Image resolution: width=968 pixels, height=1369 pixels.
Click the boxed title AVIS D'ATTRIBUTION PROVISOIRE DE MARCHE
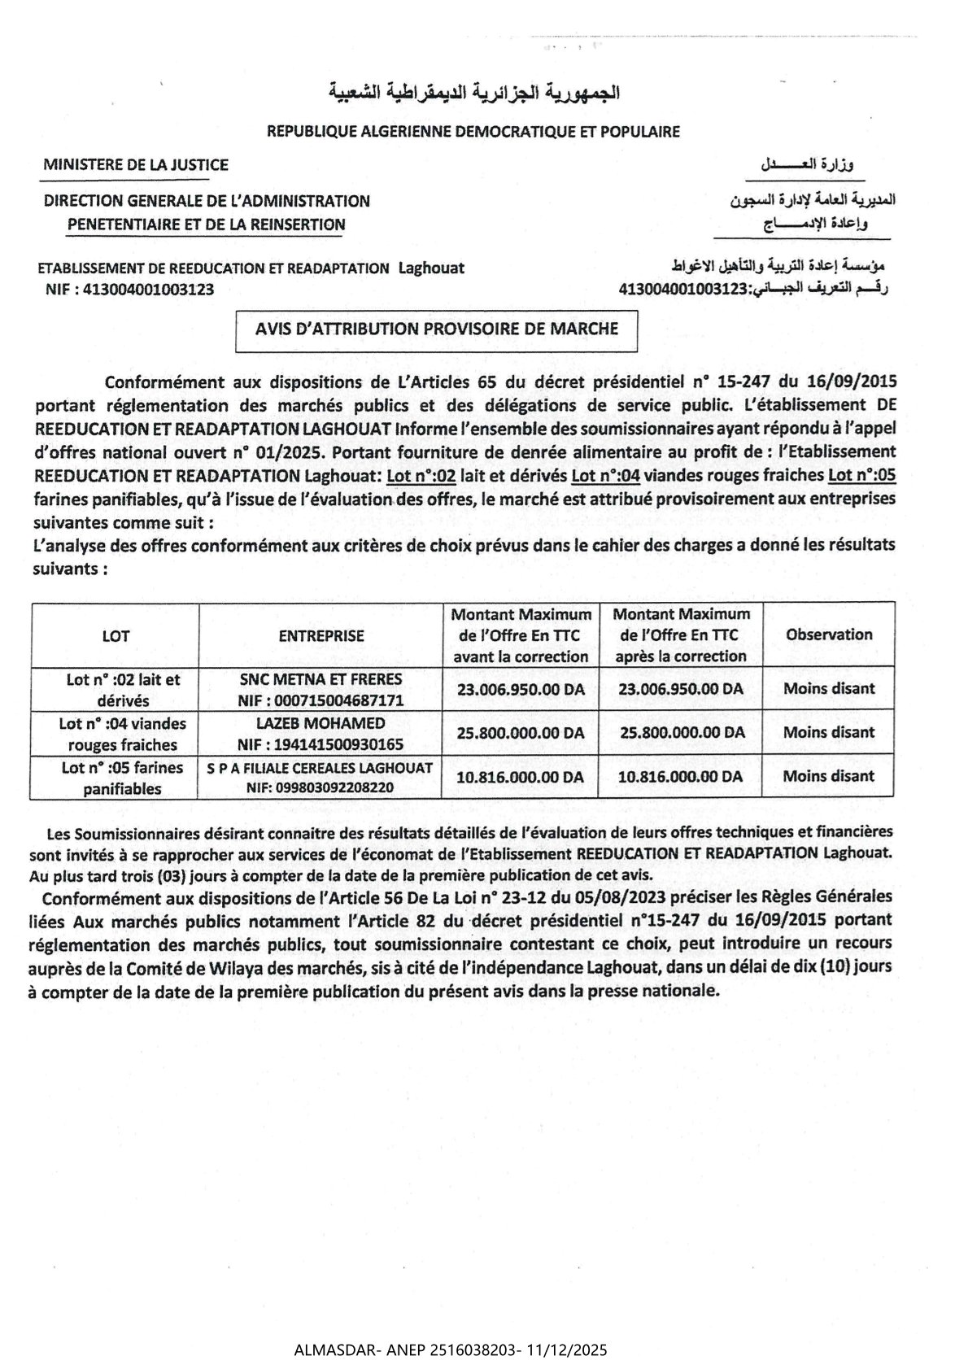[437, 329]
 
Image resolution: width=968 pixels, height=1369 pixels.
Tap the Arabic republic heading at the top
[474, 92]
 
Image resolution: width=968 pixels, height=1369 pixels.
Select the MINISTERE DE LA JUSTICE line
[136, 164]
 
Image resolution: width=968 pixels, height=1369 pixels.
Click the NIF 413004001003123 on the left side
[131, 289]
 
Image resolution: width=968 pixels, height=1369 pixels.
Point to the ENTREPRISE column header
[320, 635]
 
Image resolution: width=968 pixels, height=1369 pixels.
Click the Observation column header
[828, 634]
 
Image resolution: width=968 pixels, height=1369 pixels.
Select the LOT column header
[115, 635]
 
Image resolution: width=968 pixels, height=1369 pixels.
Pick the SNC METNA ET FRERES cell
[320, 689]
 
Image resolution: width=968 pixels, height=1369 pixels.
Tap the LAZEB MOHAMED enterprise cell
[320, 733]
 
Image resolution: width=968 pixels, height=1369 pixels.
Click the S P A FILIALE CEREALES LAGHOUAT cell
[320, 777]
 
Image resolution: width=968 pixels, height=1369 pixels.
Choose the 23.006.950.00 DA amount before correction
[521, 689]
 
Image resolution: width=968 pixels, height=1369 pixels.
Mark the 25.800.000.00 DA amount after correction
[682, 732]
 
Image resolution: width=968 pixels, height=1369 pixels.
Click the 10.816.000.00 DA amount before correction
[521, 777]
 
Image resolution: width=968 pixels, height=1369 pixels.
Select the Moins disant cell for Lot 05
[828, 776]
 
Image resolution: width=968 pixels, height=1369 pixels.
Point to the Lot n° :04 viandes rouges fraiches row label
[122, 733]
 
